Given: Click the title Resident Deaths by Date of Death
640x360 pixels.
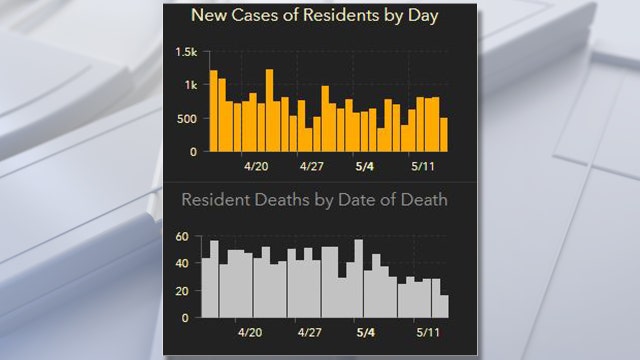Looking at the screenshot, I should click(x=314, y=200).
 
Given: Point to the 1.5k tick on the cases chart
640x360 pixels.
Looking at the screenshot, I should click(x=186, y=52).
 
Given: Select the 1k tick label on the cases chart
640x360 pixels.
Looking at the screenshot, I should click(x=191, y=86).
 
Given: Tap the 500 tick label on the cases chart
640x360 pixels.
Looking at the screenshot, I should click(x=186, y=119).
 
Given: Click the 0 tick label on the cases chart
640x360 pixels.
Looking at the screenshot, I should click(x=194, y=152).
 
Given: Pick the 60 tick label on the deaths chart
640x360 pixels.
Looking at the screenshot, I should click(x=181, y=237).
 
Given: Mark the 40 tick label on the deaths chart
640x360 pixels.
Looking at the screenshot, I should click(x=181, y=264).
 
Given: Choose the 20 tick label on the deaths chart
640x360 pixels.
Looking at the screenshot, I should click(x=181, y=291).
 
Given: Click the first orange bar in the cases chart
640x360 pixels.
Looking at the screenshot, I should click(x=213, y=111).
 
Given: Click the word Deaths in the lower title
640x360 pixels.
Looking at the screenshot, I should click(x=278, y=200).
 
